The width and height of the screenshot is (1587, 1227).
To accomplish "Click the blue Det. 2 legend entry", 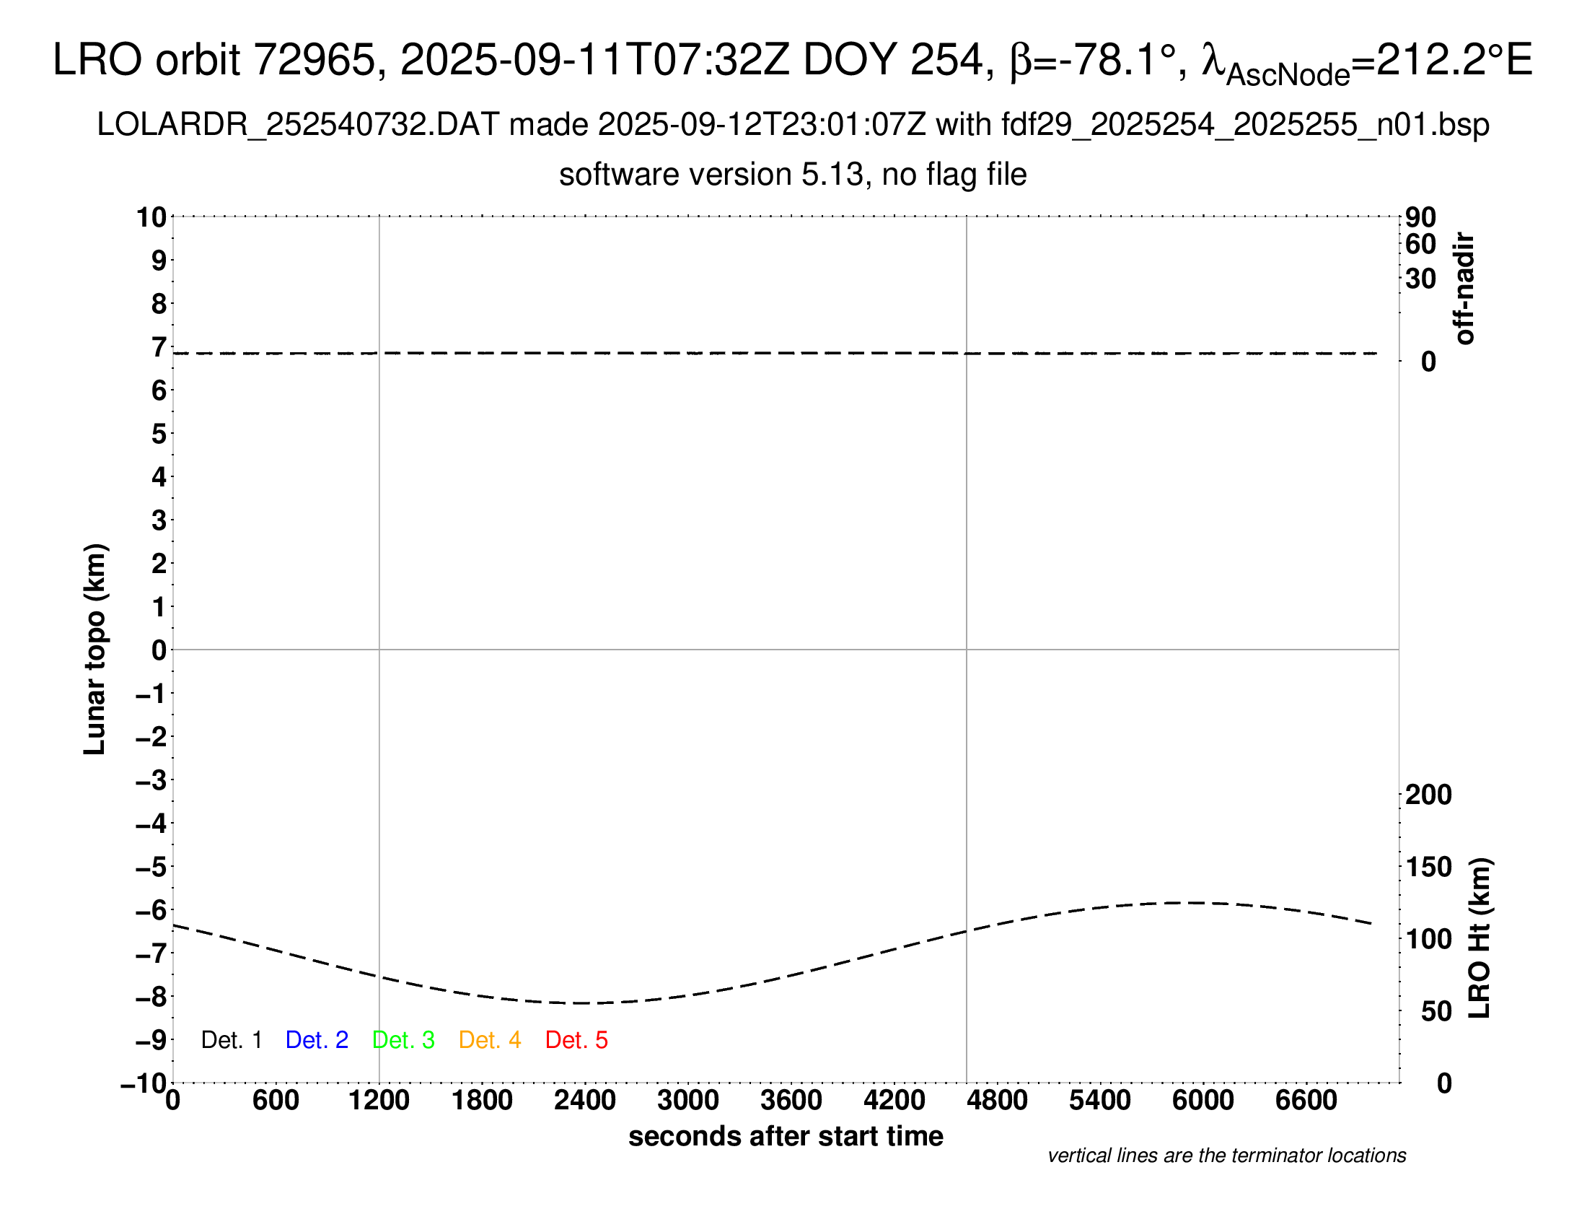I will click(317, 1040).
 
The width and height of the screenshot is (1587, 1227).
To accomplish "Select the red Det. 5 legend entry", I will click(576, 1040).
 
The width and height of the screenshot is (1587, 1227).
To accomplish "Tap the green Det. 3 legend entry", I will click(403, 1040).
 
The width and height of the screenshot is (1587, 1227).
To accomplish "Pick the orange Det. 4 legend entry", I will click(490, 1040).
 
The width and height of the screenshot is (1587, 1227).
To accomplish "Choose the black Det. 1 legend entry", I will click(231, 1040).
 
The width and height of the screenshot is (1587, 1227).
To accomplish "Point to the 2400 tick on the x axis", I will click(585, 1101).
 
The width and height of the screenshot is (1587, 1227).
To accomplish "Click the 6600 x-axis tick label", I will click(1306, 1101).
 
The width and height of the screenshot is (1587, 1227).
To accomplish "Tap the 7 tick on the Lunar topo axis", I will click(159, 347).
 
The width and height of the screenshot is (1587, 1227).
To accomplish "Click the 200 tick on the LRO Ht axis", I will click(1428, 795).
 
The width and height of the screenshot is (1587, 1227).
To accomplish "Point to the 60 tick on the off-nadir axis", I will click(1420, 244).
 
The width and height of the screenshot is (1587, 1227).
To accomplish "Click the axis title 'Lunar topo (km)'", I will click(95, 649).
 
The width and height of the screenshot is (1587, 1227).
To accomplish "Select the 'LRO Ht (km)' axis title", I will click(1480, 938).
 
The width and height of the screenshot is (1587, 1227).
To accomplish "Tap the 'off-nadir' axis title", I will click(1465, 289).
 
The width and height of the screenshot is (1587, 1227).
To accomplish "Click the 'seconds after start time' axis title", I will click(786, 1136).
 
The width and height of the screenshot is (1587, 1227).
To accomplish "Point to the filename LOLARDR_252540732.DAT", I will click(298, 125).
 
